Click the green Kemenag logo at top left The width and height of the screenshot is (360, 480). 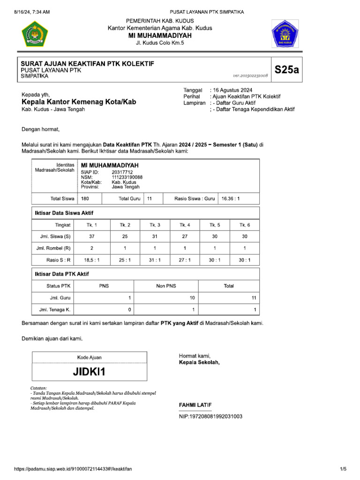(35, 34)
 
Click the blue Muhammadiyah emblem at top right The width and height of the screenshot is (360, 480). (285, 34)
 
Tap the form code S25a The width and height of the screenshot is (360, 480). (286, 70)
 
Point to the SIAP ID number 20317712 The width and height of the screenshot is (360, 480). (122, 172)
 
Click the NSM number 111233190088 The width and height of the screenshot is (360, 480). (127, 177)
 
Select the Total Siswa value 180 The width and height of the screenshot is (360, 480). (85, 199)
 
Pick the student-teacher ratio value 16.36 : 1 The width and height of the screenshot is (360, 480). (231, 199)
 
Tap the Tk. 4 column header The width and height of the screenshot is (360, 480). (185, 225)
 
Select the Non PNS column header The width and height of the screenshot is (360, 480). (166, 285)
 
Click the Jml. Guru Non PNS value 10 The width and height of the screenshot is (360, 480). (192, 298)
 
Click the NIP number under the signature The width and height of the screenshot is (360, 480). (210, 416)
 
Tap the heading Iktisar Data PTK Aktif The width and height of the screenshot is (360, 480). (62, 274)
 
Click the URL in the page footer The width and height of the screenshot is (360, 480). (73, 469)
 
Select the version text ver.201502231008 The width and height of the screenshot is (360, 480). (250, 75)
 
